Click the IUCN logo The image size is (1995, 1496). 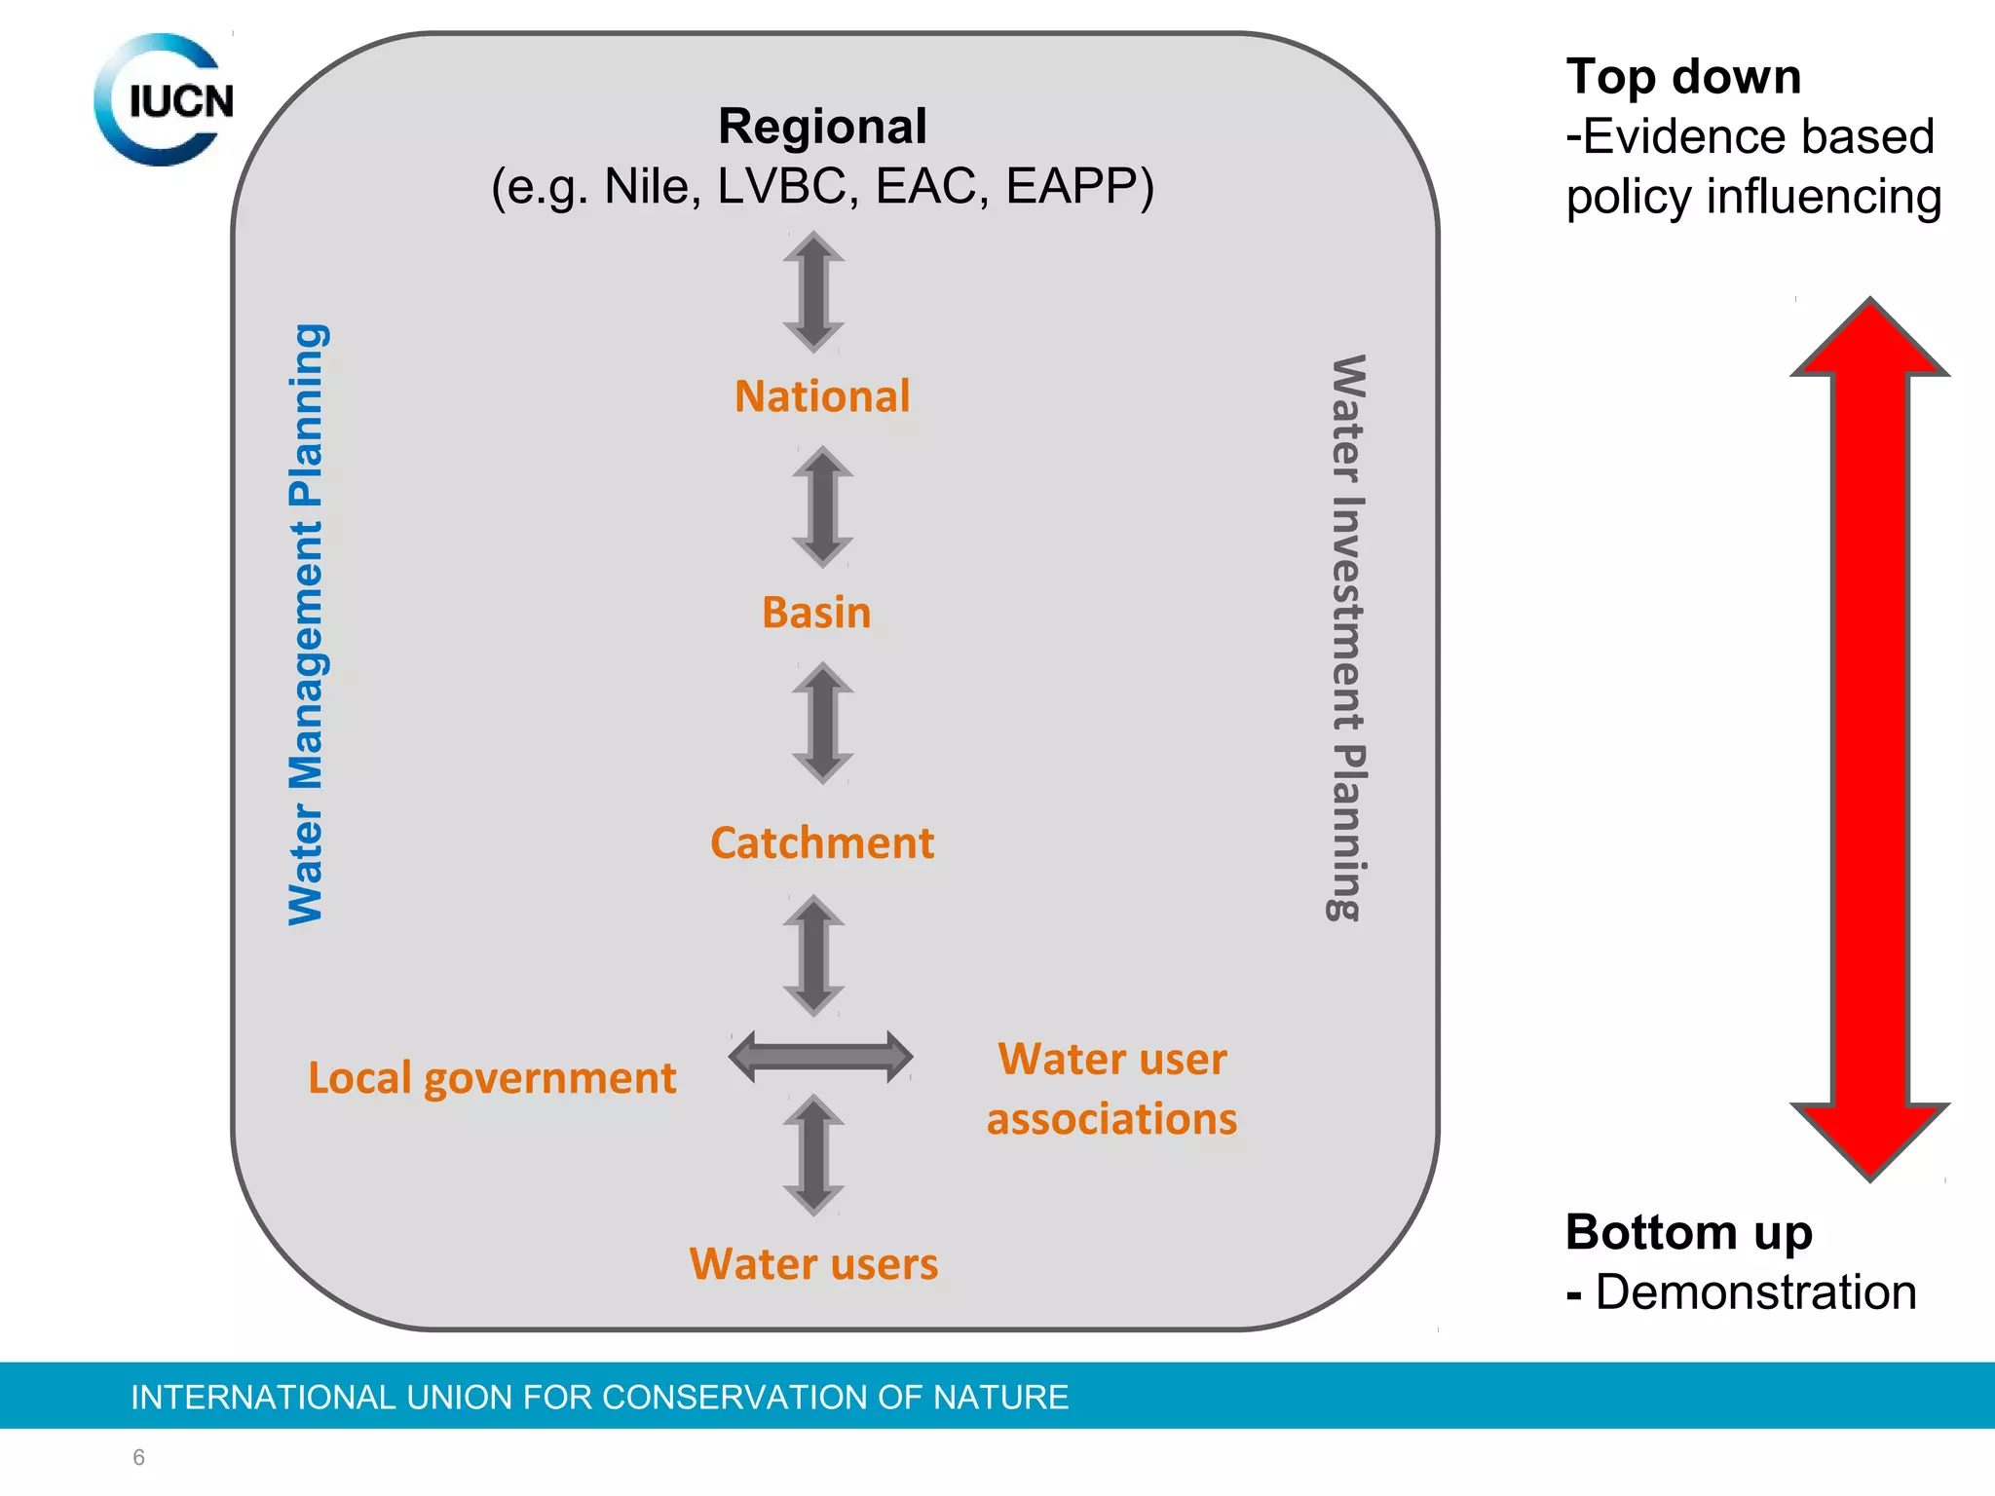click(x=164, y=99)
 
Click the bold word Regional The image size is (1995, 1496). click(x=822, y=127)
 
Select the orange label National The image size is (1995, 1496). click(x=822, y=396)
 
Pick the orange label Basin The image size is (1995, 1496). click(x=816, y=613)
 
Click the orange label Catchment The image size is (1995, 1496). click(x=822, y=842)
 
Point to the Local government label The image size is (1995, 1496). click(x=492, y=1078)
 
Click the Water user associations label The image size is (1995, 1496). click(x=1111, y=1088)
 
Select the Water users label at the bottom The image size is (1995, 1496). click(x=813, y=1264)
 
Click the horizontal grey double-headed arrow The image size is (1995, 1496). click(x=820, y=1057)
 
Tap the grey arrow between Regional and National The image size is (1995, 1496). click(x=813, y=291)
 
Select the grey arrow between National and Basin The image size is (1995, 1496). click(x=822, y=506)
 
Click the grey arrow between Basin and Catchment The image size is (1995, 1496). click(x=822, y=723)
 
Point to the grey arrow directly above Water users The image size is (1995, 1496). click(x=813, y=1154)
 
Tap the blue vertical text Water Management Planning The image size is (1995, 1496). click(x=307, y=623)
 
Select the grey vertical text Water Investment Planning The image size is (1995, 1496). click(x=1347, y=638)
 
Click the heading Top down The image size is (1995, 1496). click(x=1683, y=77)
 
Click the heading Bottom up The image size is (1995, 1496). click(x=1688, y=1232)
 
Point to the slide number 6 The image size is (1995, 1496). click(x=138, y=1457)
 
